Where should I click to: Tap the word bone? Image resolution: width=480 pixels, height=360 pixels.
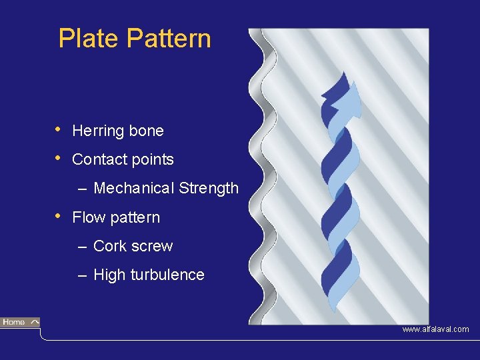147,131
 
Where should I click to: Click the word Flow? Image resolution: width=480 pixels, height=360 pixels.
88,217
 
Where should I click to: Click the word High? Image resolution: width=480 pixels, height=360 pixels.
109,275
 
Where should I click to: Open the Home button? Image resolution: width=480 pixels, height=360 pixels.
20,323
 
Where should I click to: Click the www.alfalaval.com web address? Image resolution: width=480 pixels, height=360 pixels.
435,329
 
